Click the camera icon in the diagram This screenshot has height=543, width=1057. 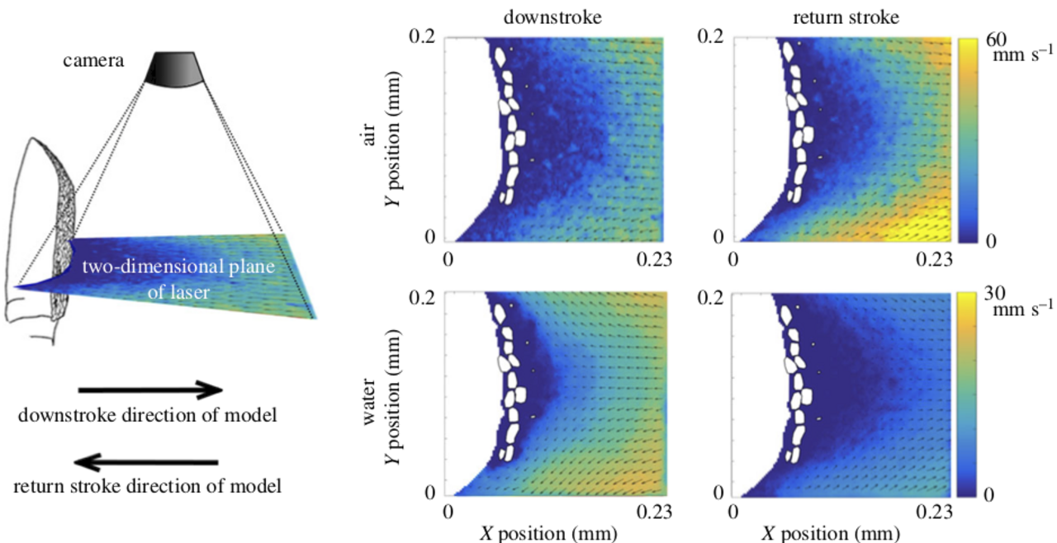click(174, 69)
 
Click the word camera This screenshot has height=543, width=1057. click(93, 60)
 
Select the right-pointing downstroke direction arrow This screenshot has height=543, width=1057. click(150, 390)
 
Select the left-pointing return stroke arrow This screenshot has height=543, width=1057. click(146, 462)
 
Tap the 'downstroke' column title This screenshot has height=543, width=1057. click(552, 17)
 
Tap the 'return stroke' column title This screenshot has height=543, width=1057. click(846, 17)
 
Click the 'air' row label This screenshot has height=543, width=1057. click(369, 135)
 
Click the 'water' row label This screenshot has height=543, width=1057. click(369, 402)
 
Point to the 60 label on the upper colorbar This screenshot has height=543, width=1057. click(996, 40)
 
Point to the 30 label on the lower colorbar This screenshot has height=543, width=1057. click(995, 293)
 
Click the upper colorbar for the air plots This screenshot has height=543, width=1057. click(967, 141)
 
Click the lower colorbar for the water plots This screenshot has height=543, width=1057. click(966, 394)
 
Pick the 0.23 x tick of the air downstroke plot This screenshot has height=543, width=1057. click(654, 259)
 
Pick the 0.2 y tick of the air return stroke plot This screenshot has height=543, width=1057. click(710, 36)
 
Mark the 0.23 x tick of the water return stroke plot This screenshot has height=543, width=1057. click(934, 512)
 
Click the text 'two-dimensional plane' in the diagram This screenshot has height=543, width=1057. click(178, 267)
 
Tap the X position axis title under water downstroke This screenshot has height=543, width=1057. click(548, 534)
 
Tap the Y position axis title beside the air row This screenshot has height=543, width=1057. click(392, 139)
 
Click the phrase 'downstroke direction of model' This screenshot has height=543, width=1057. click(147, 415)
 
